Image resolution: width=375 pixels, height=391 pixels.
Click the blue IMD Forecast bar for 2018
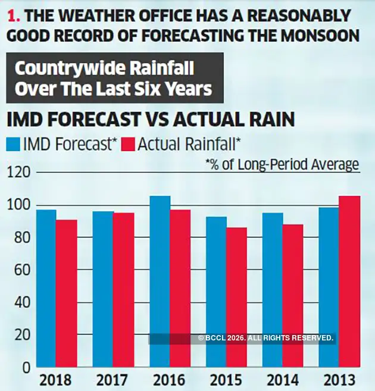pos(46,289)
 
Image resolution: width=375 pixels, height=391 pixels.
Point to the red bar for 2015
pos(236,298)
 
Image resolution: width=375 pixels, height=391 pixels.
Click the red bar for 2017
pos(123,290)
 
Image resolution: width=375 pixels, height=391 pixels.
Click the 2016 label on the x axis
pos(170,380)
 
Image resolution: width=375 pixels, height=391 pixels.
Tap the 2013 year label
pos(339,380)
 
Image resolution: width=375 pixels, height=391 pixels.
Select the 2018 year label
pos(57,380)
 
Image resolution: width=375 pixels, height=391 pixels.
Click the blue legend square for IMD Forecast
pos(12,144)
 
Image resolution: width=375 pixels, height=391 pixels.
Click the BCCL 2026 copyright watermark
pos(265,338)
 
